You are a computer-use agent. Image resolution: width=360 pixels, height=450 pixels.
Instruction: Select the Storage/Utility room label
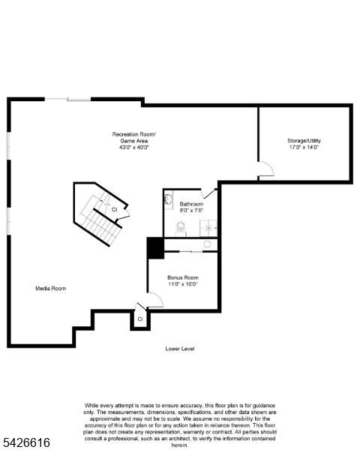click(x=303, y=140)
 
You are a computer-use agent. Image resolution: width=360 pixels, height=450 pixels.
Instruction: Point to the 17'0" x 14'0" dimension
click(x=303, y=148)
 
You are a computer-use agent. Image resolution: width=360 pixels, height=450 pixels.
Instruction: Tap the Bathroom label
click(x=191, y=204)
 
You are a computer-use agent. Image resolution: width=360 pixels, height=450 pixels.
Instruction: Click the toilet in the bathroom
click(x=181, y=228)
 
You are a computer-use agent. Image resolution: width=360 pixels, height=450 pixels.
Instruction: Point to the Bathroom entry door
click(x=208, y=193)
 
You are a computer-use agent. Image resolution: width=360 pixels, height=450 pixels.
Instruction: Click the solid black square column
click(x=155, y=248)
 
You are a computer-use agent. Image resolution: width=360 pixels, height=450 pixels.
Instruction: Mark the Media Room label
click(x=51, y=288)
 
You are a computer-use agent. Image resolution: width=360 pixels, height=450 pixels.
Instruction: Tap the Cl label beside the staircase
click(x=114, y=209)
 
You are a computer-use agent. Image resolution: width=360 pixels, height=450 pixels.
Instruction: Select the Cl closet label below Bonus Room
click(x=139, y=319)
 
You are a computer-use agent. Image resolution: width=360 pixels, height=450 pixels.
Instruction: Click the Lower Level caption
click(x=180, y=349)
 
